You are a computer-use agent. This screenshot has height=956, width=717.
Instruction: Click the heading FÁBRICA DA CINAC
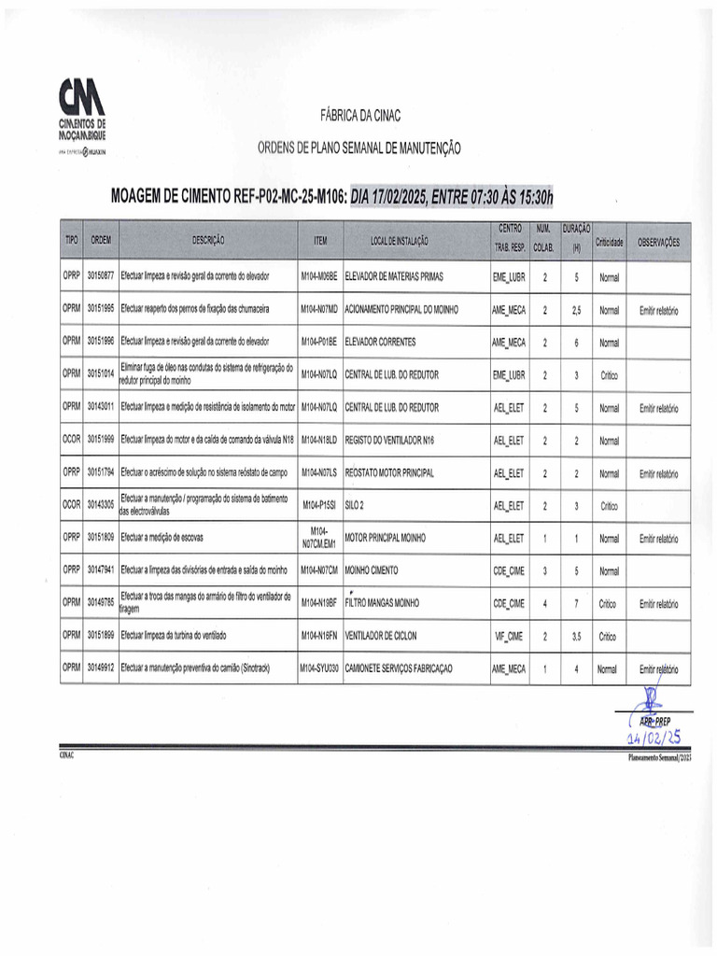tap(360, 115)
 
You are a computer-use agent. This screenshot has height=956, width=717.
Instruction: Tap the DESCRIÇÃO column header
tap(208, 241)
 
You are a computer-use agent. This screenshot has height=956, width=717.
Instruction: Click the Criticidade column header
tap(609, 242)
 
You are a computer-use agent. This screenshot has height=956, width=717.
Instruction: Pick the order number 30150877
tap(101, 277)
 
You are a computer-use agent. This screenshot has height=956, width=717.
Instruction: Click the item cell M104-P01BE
tap(319, 343)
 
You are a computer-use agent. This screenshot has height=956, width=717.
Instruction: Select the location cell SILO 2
tap(355, 506)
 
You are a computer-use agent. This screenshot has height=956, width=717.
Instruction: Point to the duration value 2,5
tap(577, 310)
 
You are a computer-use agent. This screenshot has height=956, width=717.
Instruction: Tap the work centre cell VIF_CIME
tap(509, 637)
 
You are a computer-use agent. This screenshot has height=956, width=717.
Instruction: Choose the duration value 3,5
tap(577, 637)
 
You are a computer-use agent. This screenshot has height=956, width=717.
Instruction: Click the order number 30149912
tap(101, 669)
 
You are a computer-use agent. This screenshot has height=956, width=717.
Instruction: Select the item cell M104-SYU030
tap(319, 669)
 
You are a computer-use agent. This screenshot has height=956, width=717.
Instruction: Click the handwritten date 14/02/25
tap(654, 738)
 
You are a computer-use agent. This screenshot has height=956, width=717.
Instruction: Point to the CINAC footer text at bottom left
tap(66, 754)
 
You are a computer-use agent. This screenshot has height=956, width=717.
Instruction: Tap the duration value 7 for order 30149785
tap(577, 604)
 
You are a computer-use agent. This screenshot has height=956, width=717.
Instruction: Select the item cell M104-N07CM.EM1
tap(319, 538)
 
